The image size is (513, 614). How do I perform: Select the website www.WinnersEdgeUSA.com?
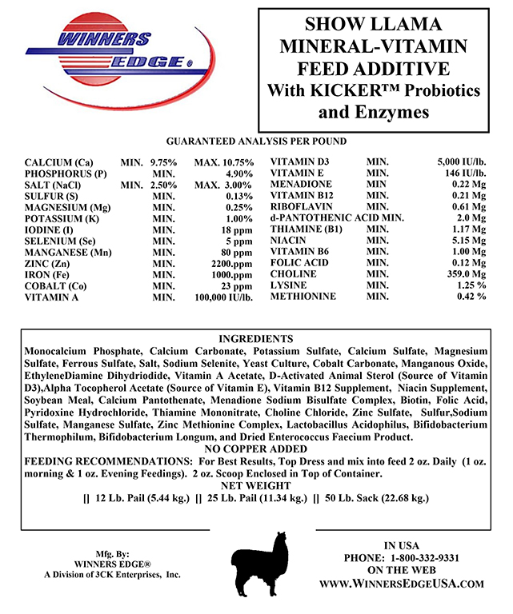[x=402, y=584]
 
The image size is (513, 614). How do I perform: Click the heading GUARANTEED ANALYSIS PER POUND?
[x=256, y=142]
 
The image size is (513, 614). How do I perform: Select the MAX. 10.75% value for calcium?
[x=225, y=162]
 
